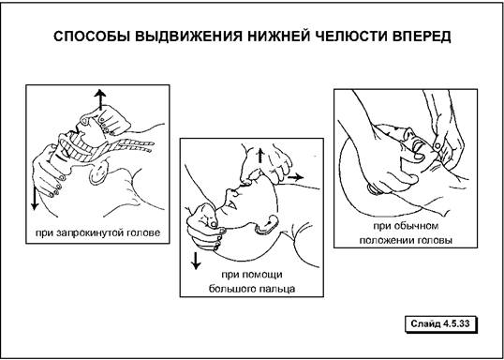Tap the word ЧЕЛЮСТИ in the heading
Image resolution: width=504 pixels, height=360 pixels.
pos(347,37)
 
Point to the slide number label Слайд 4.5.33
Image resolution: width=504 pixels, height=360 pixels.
pos(440,323)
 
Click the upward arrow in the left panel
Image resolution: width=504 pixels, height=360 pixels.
pos(100,99)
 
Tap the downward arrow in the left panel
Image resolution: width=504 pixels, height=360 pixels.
pos(35,199)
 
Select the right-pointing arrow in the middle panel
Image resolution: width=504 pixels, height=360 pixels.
pos(295,177)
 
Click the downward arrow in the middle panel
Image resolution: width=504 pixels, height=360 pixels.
pos(196,260)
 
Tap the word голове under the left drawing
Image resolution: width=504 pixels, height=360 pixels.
pos(148,232)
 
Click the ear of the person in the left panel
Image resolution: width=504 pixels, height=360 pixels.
pos(98,173)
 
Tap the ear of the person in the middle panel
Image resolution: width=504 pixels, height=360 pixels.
pos(267,224)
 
